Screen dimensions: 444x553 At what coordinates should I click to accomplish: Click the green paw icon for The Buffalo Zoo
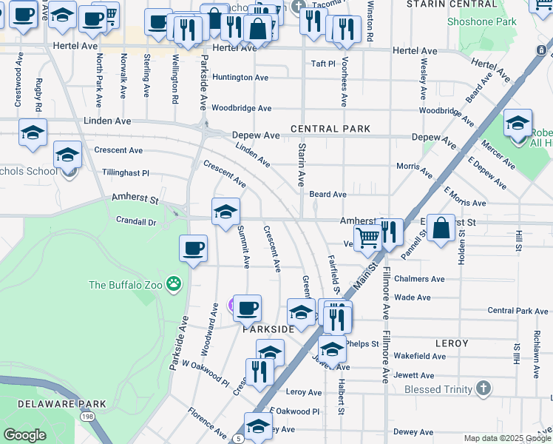pyautogui.click(x=174, y=283)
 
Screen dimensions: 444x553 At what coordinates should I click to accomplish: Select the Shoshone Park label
pyautogui.click(x=481, y=21)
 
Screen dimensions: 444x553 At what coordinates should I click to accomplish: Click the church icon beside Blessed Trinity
pyautogui.click(x=483, y=388)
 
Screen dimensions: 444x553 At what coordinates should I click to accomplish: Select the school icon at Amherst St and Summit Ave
pyautogui.click(x=225, y=212)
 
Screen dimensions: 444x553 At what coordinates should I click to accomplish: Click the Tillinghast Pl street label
pyautogui.click(x=126, y=172)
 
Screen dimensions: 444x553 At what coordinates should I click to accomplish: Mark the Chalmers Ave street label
pyautogui.click(x=419, y=279)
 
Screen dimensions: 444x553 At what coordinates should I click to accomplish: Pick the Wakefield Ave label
pyautogui.click(x=419, y=356)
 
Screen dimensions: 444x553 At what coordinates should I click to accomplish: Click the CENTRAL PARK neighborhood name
pyautogui.click(x=330, y=129)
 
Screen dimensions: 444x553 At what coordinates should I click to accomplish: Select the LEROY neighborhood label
pyautogui.click(x=452, y=343)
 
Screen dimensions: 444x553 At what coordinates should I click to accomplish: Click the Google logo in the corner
pyautogui.click(x=24, y=435)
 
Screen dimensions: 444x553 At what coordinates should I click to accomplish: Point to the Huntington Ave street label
pyautogui.click(x=240, y=77)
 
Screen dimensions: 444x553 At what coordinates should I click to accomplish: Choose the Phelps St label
pyautogui.click(x=362, y=344)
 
